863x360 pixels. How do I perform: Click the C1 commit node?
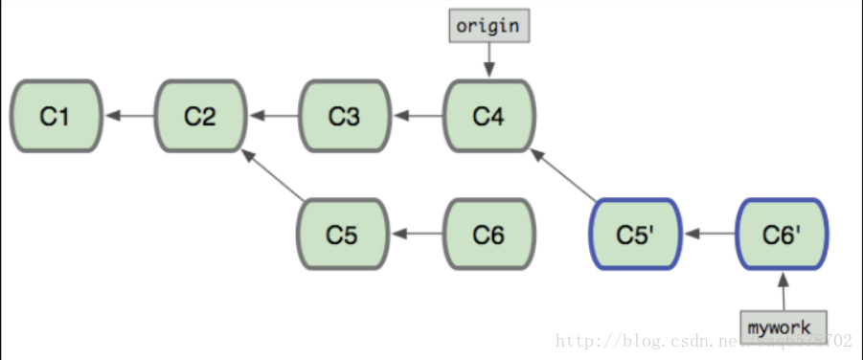pyautogui.click(x=56, y=116)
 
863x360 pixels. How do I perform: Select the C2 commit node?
pyautogui.click(x=200, y=116)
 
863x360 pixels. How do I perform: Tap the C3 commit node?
pyautogui.click(x=345, y=116)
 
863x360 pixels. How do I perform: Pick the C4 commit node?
pyautogui.click(x=489, y=116)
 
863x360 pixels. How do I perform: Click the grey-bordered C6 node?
pyautogui.click(x=489, y=234)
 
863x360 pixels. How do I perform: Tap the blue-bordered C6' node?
pyautogui.click(x=783, y=234)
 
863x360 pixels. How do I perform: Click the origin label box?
pyautogui.click(x=488, y=26)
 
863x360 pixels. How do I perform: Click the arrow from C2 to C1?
pyautogui.click(x=128, y=116)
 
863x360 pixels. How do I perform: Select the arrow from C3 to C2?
pyautogui.click(x=273, y=116)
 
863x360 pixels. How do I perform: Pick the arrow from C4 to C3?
pyautogui.click(x=418, y=116)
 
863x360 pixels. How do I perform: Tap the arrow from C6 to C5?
pyautogui.click(x=418, y=234)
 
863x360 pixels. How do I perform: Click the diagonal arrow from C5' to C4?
pyautogui.click(x=564, y=174)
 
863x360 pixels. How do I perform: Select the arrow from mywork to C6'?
pyautogui.click(x=783, y=289)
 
